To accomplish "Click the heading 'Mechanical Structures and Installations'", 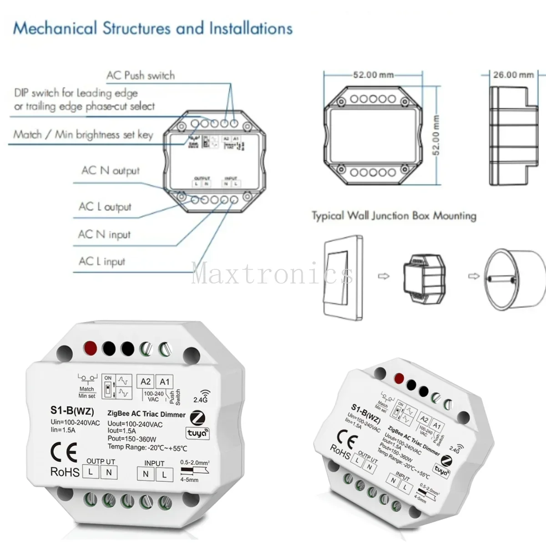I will tap(153, 28).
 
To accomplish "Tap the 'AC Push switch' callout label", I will tap(140, 76).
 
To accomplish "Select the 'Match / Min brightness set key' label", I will tap(83, 135).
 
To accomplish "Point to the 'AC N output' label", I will tap(111, 171).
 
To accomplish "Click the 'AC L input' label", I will tap(101, 261).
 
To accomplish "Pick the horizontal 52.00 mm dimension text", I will tap(373, 75).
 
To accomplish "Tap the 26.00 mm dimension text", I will tap(513, 75).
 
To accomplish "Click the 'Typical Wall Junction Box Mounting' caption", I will tap(394, 216).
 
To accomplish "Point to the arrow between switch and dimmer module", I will tap(384, 276).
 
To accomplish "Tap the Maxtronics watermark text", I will tap(272, 274).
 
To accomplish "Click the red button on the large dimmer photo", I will tap(90, 348).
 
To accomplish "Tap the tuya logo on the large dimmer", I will tap(197, 433).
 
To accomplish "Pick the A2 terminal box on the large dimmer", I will tap(146, 382).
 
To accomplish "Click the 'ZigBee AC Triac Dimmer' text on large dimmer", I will tap(146, 415).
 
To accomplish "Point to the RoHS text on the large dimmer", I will tap(65, 472).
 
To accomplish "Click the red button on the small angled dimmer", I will tap(399, 378).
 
